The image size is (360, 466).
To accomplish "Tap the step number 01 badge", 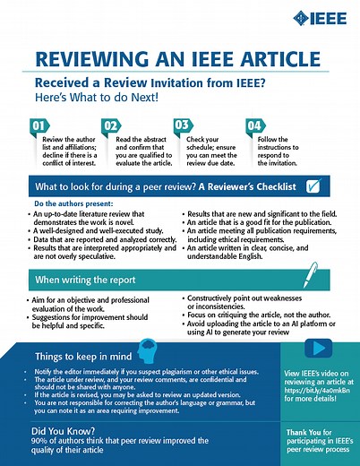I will click(x=41, y=125).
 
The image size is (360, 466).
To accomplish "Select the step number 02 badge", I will click(x=112, y=125).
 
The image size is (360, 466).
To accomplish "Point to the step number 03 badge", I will click(x=182, y=125).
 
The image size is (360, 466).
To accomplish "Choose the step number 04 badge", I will click(x=253, y=125).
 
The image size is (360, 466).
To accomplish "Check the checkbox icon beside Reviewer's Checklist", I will click(x=314, y=186).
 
